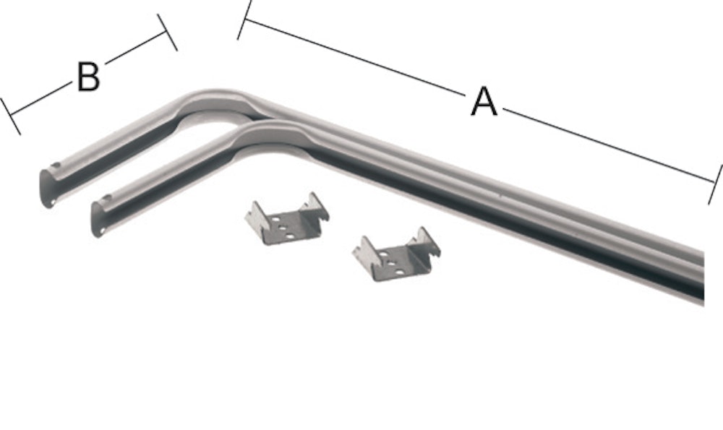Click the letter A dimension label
pos(484,101)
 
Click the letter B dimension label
pos(88,77)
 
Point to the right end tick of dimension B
pos(167,33)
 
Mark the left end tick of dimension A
pos(244,20)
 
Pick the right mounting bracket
pos(396,255)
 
